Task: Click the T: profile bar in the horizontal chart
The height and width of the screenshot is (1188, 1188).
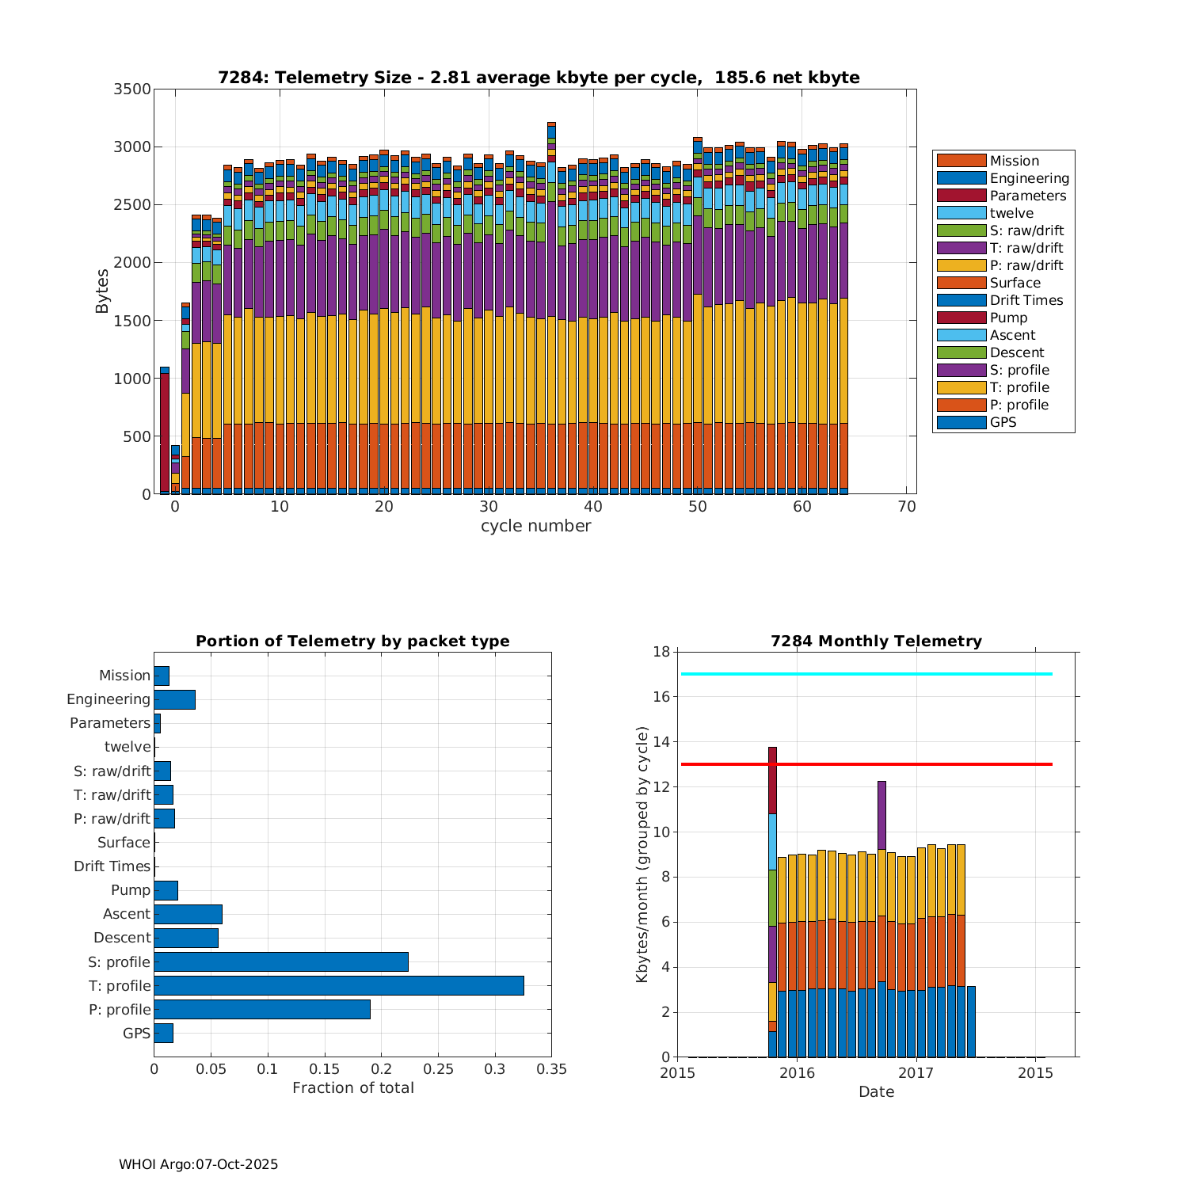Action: (339, 985)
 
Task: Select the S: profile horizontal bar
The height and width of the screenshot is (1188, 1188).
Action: (281, 961)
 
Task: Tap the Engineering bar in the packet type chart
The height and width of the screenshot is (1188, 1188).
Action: (174, 699)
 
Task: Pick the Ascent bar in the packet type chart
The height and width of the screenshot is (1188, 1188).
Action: (188, 914)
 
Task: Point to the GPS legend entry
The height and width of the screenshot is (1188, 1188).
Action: (1003, 422)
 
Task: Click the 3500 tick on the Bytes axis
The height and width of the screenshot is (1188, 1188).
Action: (132, 89)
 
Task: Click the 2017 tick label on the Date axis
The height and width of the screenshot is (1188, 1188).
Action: (916, 1073)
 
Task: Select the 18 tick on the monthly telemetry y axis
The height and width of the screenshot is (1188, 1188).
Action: (661, 652)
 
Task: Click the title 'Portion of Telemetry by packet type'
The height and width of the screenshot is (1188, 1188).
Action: (352, 642)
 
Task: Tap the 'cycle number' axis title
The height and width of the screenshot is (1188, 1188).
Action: (535, 526)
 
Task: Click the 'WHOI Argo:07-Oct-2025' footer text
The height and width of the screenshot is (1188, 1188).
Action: (198, 1164)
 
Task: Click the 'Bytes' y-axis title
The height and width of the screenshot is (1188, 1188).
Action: (102, 291)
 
